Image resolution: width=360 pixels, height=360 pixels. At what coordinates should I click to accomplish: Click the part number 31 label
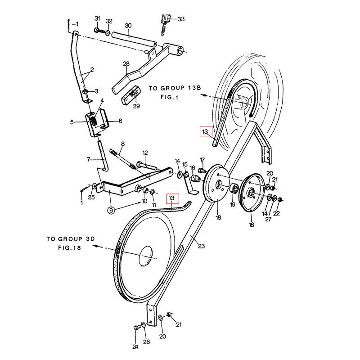click(97, 18)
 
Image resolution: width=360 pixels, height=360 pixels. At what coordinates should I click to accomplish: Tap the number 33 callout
click(181, 19)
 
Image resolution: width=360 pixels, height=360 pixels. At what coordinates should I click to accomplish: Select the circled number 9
click(110, 209)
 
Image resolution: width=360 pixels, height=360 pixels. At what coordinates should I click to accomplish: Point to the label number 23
click(201, 246)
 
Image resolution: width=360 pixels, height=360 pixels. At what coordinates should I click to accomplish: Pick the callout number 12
click(145, 153)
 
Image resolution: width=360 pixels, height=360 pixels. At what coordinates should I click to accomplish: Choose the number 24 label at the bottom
click(135, 346)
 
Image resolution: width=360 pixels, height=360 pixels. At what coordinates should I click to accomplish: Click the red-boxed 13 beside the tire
click(205, 132)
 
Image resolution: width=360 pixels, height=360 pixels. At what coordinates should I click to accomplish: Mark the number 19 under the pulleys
click(232, 204)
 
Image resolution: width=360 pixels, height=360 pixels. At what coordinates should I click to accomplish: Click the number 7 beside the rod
click(88, 159)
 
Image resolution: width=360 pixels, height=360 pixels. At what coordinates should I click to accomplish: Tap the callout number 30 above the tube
click(128, 25)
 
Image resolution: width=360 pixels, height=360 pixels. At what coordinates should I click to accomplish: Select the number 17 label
click(202, 160)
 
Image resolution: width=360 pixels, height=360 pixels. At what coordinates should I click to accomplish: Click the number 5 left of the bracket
click(71, 121)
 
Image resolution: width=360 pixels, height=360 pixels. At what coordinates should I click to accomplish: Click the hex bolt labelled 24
click(136, 328)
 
